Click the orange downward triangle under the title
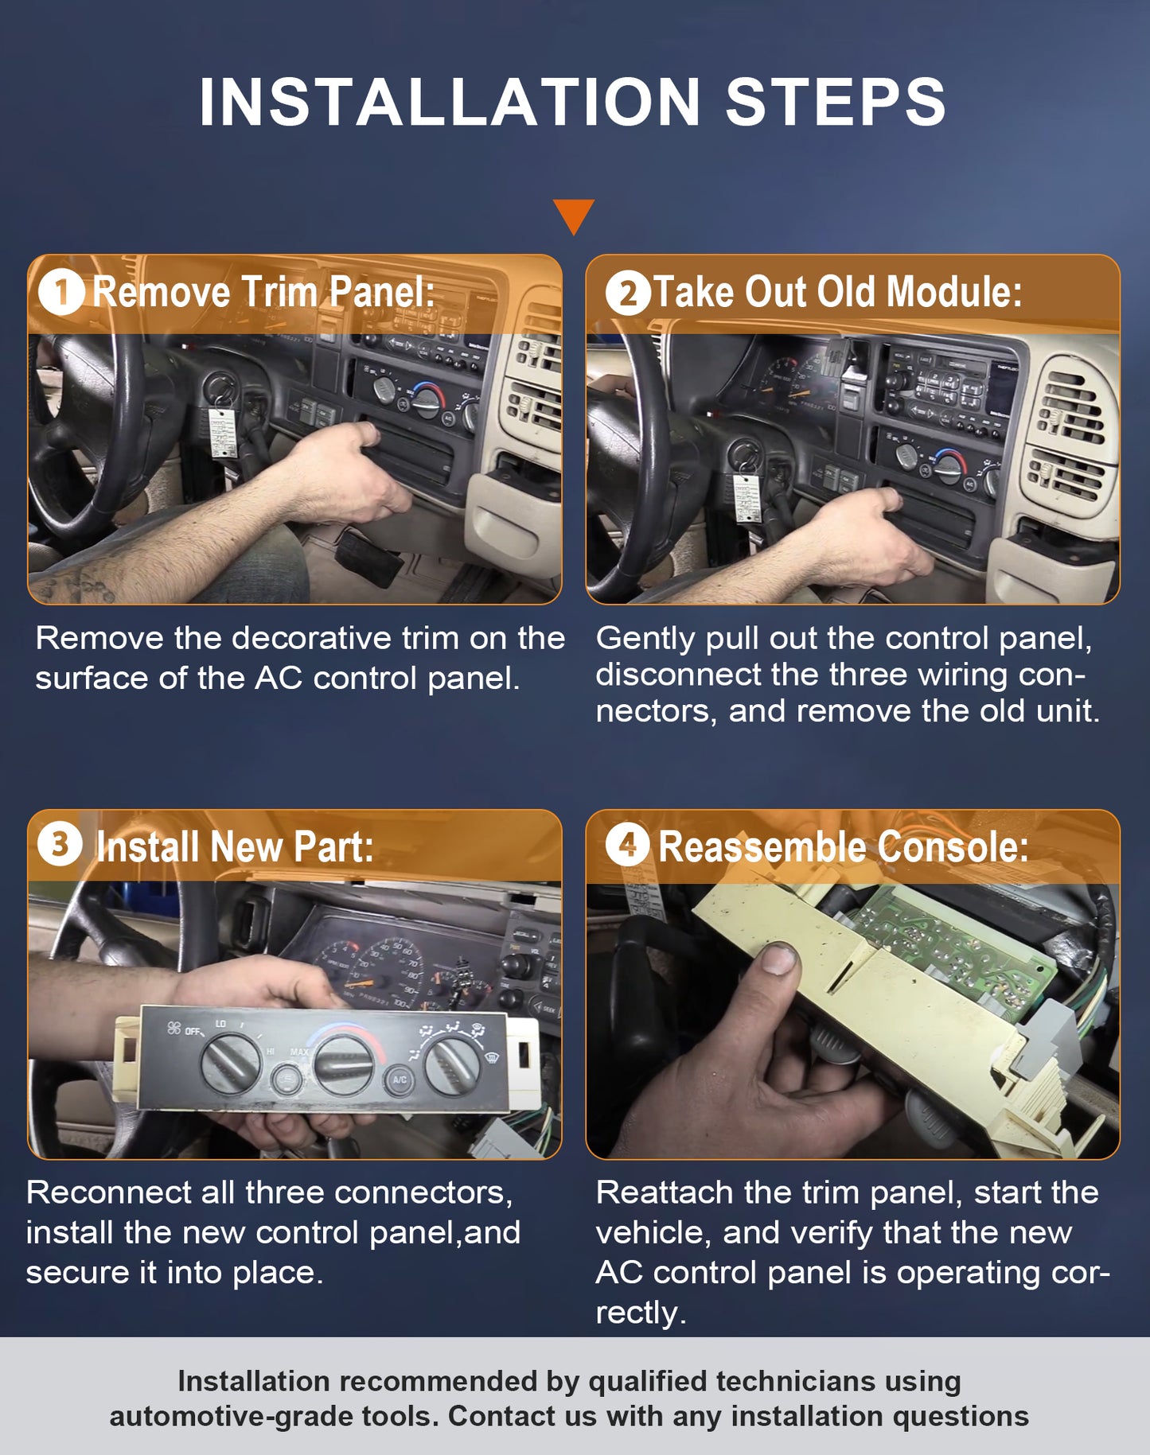pos(573,214)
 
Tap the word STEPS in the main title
pos(836,102)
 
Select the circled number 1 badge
pos(61,292)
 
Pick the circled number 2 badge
pos(628,292)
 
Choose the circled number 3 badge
pos(60,844)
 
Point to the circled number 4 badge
pos(628,844)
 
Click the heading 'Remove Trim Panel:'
pos(264,292)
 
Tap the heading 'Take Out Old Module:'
pos(837,292)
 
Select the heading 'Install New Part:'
pos(235,846)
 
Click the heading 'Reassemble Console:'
pos(844,846)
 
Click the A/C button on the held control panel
pos(399,1080)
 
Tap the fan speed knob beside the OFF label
pos(231,1063)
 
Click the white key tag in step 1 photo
pos(224,433)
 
